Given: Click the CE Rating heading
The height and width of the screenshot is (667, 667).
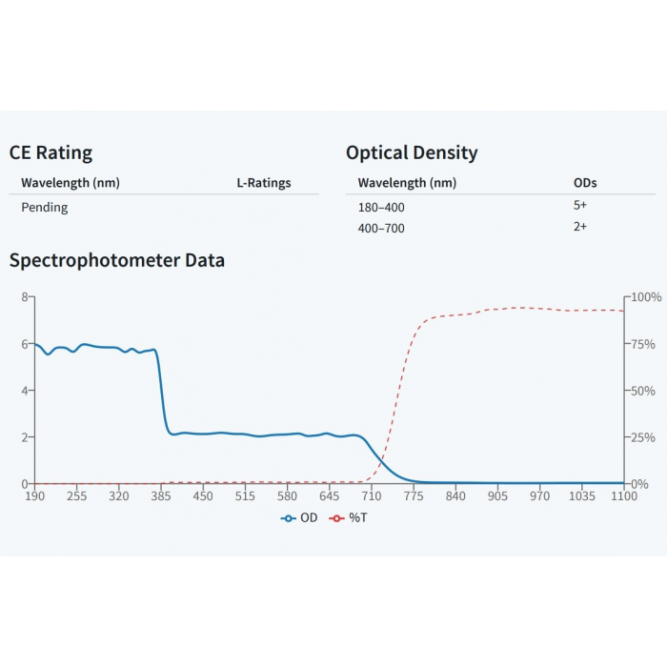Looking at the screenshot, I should point(51,152).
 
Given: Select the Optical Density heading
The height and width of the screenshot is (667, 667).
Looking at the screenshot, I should point(412,152).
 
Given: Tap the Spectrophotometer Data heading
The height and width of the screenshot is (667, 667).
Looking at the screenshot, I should point(116,260).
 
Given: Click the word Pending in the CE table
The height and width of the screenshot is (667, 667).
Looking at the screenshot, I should point(45,207).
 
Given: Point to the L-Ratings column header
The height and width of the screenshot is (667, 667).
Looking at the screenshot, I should point(264,183).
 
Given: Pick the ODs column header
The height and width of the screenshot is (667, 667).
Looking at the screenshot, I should point(585,183).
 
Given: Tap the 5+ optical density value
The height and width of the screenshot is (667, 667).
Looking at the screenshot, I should point(580,205).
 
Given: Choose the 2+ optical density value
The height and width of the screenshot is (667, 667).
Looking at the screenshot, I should point(580,228).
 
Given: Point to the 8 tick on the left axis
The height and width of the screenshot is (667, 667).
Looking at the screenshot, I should point(25,297).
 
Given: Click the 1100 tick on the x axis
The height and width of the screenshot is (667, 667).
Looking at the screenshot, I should point(624,496).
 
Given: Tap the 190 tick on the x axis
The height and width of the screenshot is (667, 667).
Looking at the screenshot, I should point(35,496).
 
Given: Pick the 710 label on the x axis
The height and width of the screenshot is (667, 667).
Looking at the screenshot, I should point(372,496).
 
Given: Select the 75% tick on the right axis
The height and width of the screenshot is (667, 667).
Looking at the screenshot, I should point(644,344).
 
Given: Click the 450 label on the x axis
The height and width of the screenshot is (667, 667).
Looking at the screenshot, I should point(203,496).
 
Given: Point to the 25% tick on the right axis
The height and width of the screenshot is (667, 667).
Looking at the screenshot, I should point(644,437).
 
